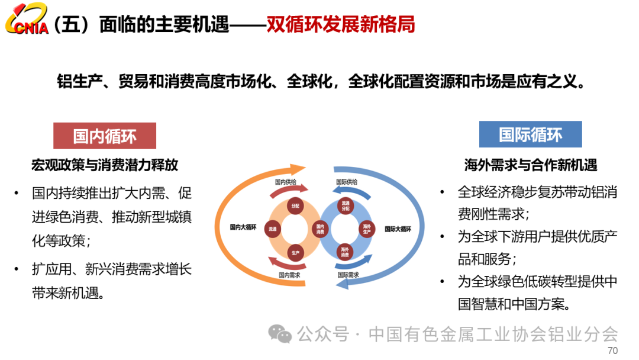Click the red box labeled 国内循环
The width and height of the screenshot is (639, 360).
point(105,136)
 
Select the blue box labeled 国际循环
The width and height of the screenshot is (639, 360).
point(530,134)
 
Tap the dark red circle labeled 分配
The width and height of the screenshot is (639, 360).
point(296,206)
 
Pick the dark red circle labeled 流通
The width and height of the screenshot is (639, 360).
point(273,229)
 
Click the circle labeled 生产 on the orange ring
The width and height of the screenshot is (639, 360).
point(296,252)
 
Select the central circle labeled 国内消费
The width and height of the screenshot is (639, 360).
point(320,229)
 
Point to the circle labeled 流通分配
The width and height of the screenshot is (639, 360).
point(346,206)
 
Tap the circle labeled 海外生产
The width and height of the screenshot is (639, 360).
point(367,229)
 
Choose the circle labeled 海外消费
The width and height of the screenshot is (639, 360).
point(346,252)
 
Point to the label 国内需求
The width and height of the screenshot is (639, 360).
point(289,275)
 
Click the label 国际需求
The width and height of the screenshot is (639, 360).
point(348,275)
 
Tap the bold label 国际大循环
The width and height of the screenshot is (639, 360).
point(398,229)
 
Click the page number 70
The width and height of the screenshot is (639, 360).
point(612,351)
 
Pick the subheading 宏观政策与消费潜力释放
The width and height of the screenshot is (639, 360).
point(105,165)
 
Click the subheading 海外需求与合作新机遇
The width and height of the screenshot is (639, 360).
point(530,165)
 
